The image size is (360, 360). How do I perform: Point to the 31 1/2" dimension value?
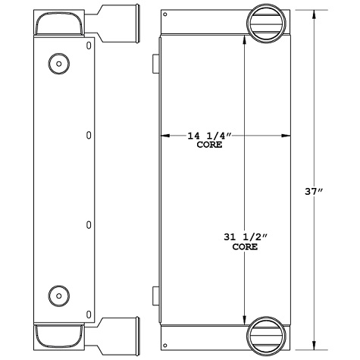point(244,238)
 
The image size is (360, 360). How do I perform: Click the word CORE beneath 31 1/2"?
point(244,247)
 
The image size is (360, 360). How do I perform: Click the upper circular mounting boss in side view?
point(58,63)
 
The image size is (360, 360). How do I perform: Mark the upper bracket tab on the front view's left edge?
point(155,64)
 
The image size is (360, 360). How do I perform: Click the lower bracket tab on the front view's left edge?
point(155,293)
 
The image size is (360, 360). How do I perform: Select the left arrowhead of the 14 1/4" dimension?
point(163,136)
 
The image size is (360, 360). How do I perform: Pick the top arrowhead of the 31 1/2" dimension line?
point(244,40)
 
